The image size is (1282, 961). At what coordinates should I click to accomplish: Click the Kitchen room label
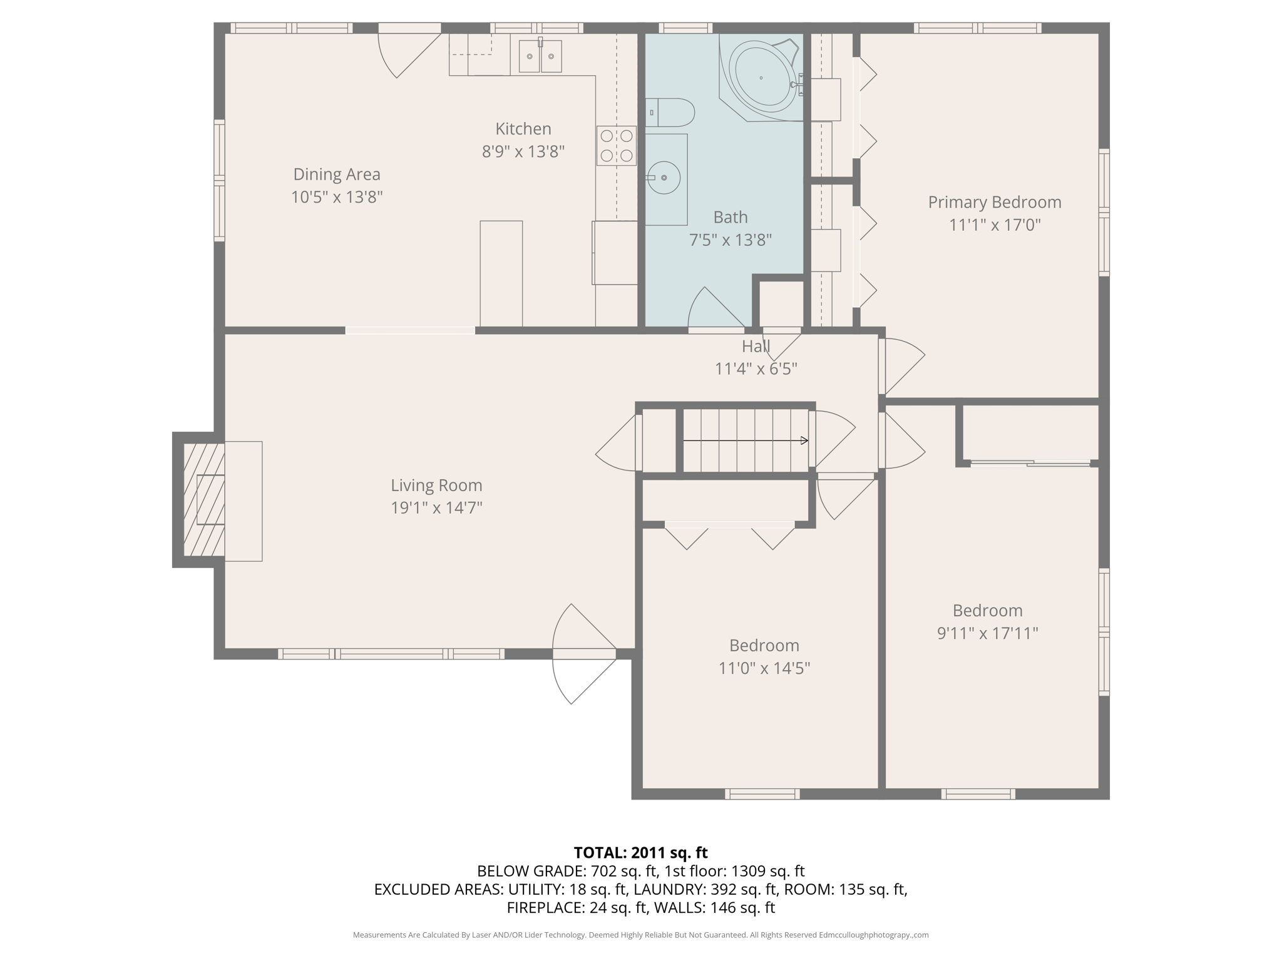coord(523,129)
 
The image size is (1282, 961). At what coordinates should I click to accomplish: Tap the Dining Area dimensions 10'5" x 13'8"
coord(337,197)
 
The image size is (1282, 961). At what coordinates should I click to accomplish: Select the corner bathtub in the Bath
coord(761,78)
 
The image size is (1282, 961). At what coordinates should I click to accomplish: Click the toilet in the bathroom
coord(670,113)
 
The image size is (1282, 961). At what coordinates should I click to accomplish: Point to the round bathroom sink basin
coord(664,178)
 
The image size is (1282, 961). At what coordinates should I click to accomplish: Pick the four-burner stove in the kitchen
coord(616,146)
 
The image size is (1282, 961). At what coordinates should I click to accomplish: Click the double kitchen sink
coord(540,56)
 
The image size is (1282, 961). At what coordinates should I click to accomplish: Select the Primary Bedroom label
coord(994,202)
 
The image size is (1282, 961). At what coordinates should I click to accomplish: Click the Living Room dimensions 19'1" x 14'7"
coord(436,507)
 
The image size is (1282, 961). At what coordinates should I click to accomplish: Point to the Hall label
coord(756,347)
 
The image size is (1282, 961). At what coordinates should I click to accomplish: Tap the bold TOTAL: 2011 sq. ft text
coord(640,852)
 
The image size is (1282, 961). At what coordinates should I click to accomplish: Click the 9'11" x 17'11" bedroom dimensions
coord(987,633)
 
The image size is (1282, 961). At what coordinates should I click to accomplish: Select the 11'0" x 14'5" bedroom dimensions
coord(764,668)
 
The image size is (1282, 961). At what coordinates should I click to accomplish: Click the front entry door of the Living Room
coord(583,654)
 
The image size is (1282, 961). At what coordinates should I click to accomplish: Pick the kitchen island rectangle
coord(501,273)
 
